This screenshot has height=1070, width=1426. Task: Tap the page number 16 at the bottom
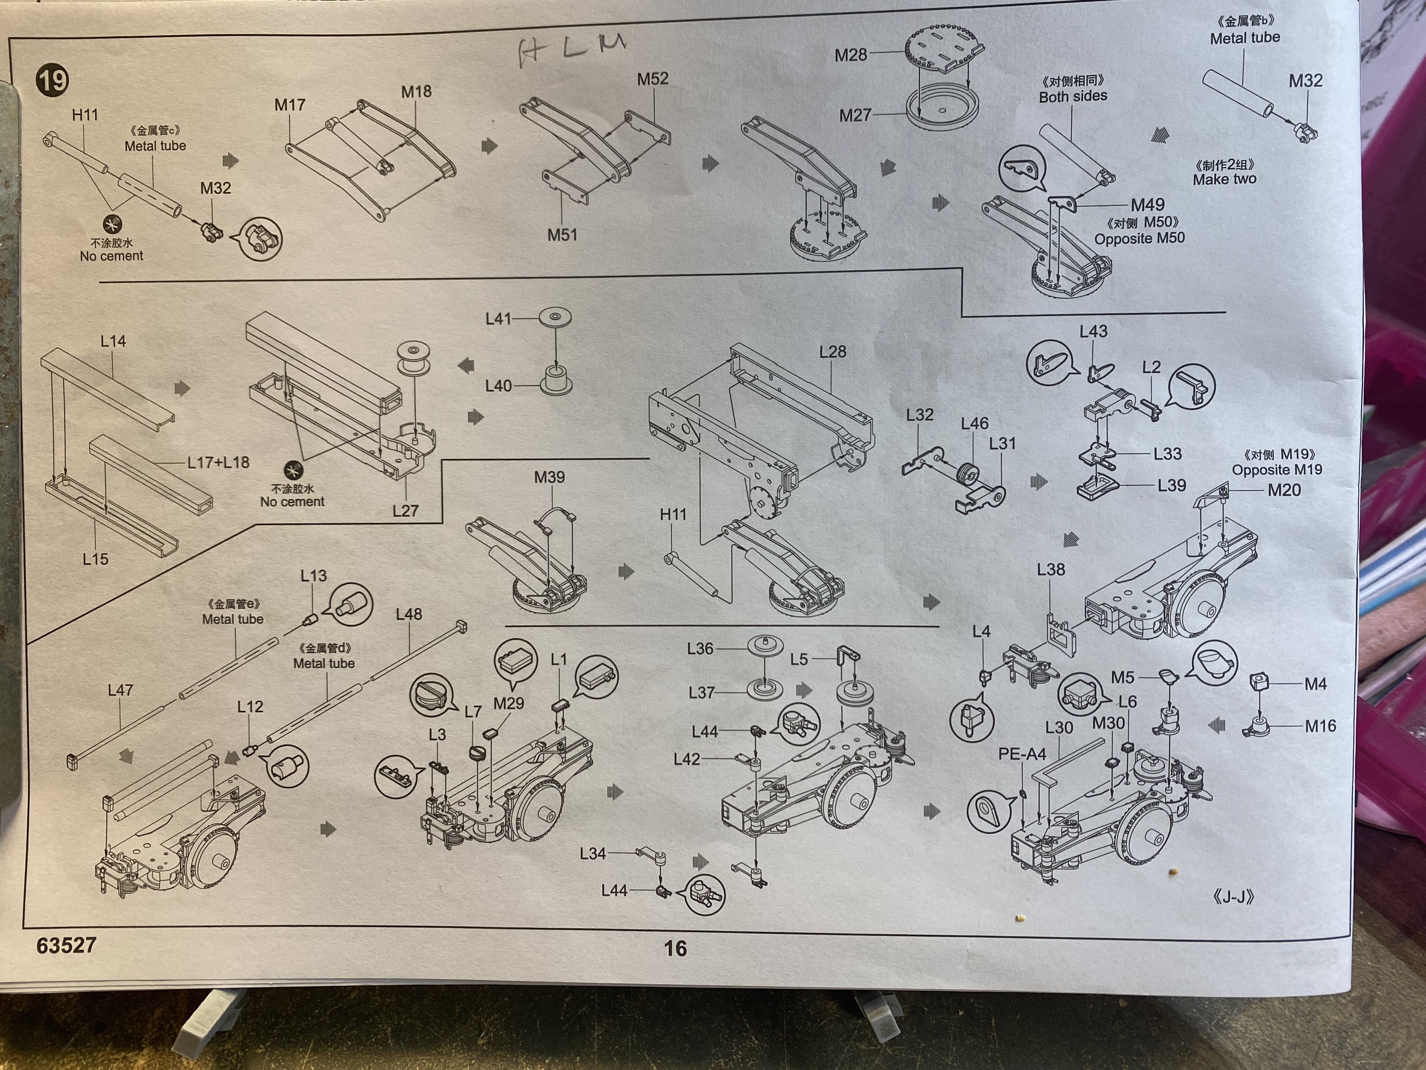[675, 948]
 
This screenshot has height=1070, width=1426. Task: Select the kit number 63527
[66, 945]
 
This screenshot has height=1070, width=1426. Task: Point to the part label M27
[855, 115]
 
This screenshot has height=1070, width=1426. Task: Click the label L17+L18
[218, 462]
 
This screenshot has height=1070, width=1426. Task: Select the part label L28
[832, 352]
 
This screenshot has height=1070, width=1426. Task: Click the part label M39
[549, 477]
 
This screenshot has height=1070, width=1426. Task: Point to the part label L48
[409, 614]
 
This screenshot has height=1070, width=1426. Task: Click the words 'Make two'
[1224, 179]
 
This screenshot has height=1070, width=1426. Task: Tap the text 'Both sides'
[1073, 97]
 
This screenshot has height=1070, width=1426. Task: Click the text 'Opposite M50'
[1139, 238]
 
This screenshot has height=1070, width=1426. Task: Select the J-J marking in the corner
[1233, 897]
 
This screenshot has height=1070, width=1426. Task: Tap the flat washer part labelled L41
[555, 317]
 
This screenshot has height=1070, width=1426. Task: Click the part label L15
[95, 559]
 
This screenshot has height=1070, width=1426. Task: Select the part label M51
[562, 235]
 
